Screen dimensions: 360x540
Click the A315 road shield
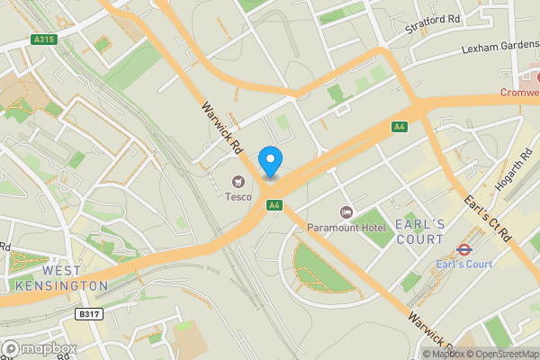44,40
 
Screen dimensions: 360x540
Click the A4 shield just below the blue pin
274,205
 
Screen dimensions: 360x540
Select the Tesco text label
238,196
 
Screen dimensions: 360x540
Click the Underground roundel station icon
464,249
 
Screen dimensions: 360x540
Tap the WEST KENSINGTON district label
60,278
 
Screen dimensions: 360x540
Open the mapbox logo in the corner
39,348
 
